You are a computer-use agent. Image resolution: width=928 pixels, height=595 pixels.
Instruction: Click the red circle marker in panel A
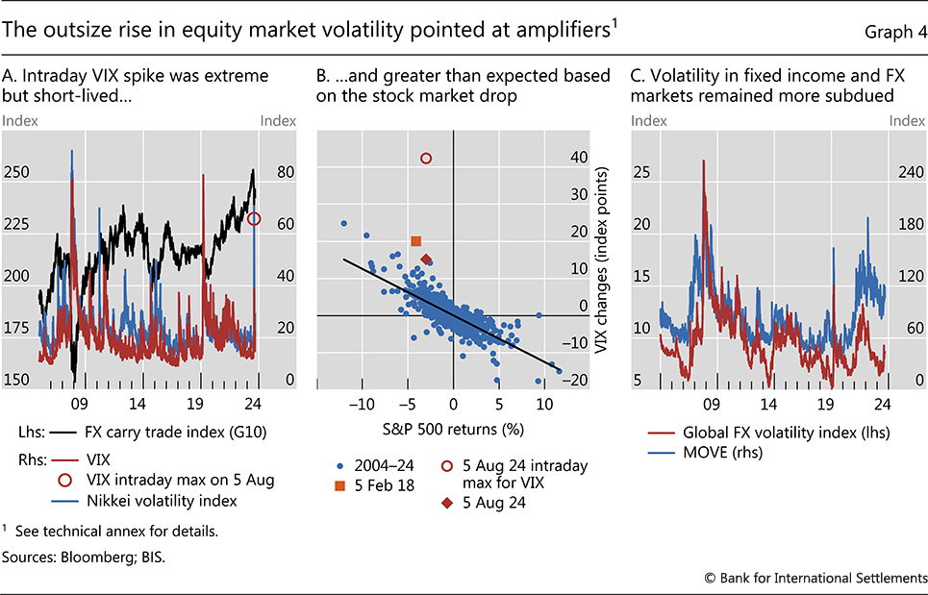[254, 219]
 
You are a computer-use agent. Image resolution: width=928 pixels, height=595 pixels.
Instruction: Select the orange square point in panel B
[416, 241]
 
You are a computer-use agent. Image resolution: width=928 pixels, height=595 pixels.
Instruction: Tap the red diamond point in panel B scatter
[427, 260]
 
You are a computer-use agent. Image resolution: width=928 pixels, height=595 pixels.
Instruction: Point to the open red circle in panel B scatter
[427, 158]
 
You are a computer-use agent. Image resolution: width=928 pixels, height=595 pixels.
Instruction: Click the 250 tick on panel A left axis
[16, 172]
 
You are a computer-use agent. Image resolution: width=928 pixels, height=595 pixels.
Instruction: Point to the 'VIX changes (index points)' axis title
[604, 258]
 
